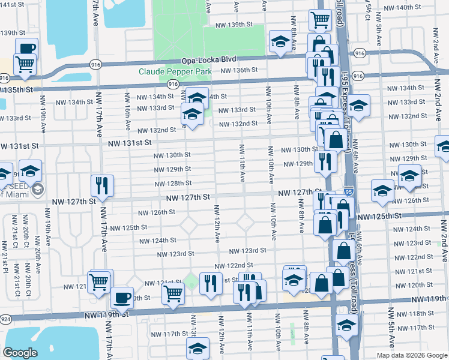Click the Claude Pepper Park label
tap(175, 71)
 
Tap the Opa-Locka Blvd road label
tap(209, 60)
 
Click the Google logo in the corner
tap(20, 352)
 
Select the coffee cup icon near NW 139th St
tap(26, 49)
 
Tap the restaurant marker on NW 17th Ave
tap(101, 187)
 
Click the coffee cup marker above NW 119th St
tap(122, 297)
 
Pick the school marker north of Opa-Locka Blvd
tap(280, 42)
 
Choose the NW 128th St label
tap(173, 184)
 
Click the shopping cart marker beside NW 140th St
tap(320, 20)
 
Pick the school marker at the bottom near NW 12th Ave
tap(197, 349)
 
